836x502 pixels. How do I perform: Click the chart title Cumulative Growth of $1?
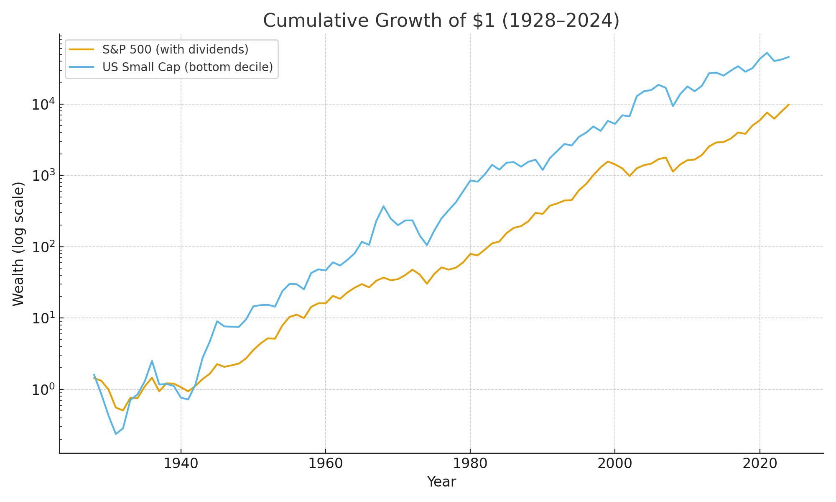point(441,21)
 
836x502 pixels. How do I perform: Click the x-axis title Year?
point(441,482)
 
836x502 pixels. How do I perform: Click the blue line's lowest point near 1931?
point(116,434)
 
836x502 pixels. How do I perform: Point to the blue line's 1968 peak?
point(383,206)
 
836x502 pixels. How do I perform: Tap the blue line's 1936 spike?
point(152,361)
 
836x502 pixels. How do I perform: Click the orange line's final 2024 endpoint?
point(788,105)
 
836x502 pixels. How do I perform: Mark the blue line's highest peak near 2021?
point(767,53)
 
